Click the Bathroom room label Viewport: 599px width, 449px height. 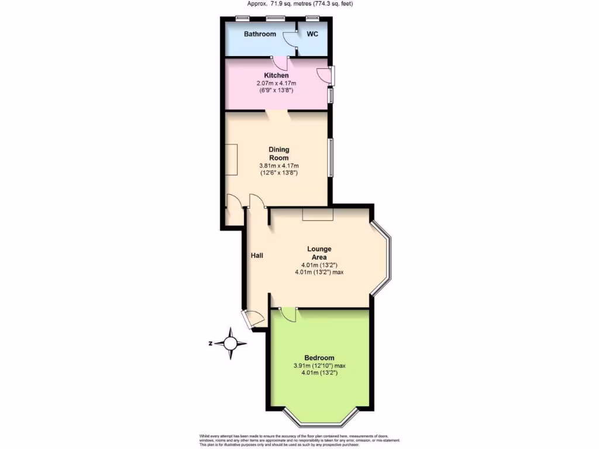pos(260,34)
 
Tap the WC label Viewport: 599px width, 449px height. pos(312,34)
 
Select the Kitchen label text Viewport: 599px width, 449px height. pos(276,76)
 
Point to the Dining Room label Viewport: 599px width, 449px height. pos(279,154)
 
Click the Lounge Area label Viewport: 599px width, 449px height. pos(319,253)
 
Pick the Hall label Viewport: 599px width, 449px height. pos(257,255)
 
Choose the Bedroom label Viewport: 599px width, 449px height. pos(319,358)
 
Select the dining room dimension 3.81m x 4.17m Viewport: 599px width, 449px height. pos(279,165)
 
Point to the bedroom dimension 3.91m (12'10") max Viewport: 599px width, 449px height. pos(319,366)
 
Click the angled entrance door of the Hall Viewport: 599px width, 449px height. pos(254,319)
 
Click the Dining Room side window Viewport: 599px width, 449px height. pos(330,157)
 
